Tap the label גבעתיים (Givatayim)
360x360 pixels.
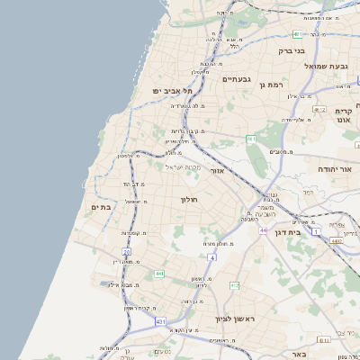click(x=235, y=79)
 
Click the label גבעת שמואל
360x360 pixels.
click(x=325, y=66)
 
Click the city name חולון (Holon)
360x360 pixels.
click(x=188, y=199)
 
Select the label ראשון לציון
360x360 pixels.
click(x=236, y=319)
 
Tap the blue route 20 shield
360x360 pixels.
click(x=126, y=252)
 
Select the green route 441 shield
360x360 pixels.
click(x=159, y=274)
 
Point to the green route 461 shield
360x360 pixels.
click(x=251, y=139)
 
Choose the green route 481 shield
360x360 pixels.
click(x=297, y=34)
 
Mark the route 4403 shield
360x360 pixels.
click(x=335, y=241)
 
